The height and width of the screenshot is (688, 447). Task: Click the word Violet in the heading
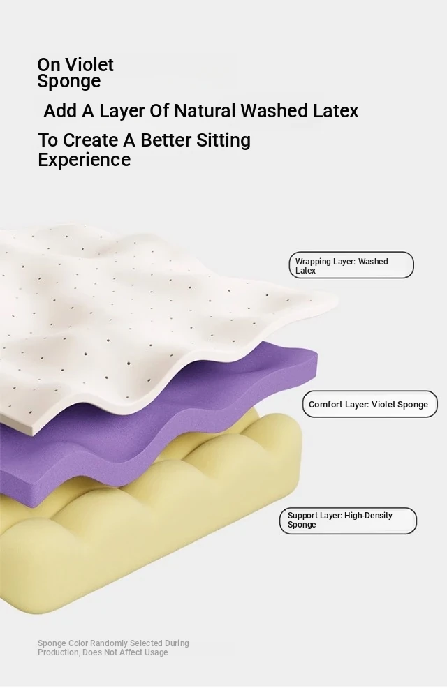pos(89,64)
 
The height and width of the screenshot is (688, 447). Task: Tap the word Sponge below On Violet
pos(69,82)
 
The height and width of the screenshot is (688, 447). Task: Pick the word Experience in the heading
pos(85,160)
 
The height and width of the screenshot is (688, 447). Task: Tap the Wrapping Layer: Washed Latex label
pos(351,265)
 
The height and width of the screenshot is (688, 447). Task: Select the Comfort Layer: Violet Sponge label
pos(369,404)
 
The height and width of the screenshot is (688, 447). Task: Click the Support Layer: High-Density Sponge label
pos(348,521)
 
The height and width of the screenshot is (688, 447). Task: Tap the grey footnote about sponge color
pos(113,648)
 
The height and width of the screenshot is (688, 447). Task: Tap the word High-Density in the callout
pos(368,516)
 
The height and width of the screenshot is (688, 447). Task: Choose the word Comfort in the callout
pos(325,405)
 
